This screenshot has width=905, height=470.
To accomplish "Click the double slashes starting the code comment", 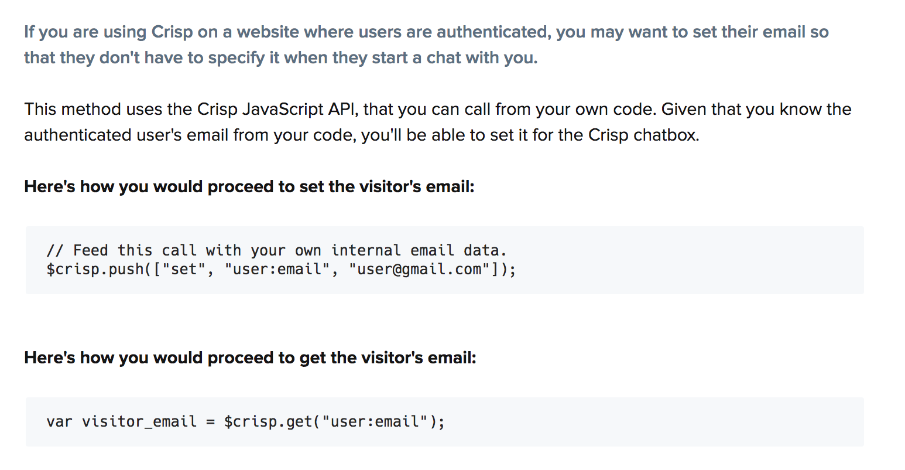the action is click(56, 251).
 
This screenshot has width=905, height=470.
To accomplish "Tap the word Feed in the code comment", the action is click(91, 251).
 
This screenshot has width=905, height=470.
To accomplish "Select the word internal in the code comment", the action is click(366, 251).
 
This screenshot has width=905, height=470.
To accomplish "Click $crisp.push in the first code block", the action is click(95, 270).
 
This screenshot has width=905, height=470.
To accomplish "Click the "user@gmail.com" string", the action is click(419, 270).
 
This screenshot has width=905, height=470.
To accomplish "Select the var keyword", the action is click(59, 422).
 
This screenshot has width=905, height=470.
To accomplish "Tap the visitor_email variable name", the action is click(139, 422).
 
